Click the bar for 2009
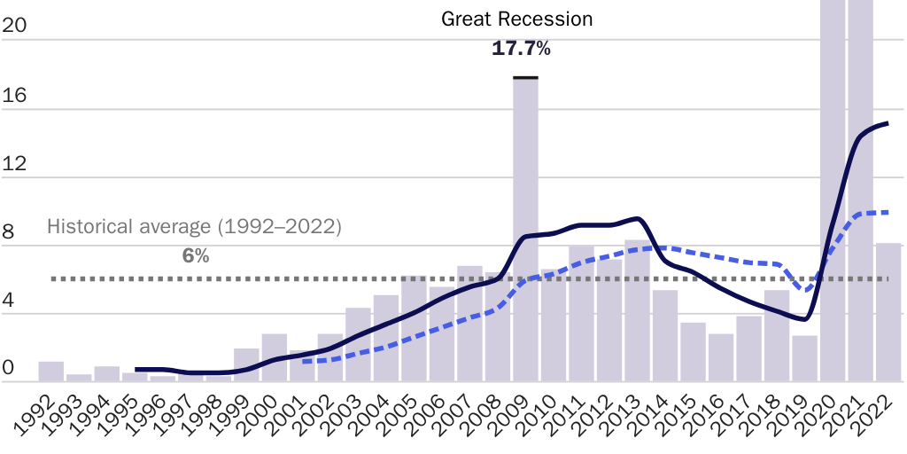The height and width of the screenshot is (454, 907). pos(525,231)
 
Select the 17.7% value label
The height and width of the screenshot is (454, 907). pos(521,49)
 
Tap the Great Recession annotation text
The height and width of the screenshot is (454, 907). pos(517,19)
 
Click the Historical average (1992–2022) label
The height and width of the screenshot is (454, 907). pos(194,226)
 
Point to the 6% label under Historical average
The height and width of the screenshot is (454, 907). pos(196,256)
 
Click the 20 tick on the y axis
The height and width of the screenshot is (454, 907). pos(15,27)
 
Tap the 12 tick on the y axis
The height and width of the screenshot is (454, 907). pos(15,164)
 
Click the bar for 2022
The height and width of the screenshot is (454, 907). pos(888,312)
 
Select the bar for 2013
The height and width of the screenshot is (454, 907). pos(637,310)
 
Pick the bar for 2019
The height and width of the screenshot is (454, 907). pos(804,358)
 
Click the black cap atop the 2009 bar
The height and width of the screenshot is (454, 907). pos(525,78)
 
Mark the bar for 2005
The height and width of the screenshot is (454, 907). pos(414,328)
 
